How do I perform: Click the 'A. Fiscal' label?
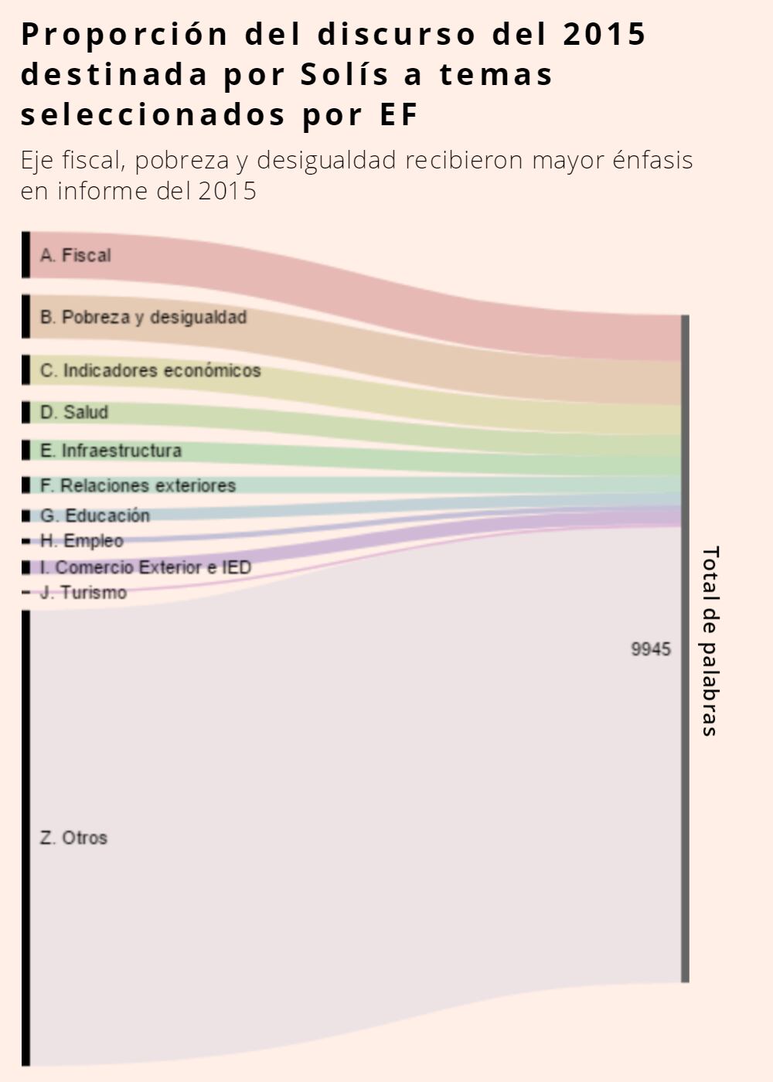pos(76,255)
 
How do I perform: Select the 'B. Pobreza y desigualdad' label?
pos(143,317)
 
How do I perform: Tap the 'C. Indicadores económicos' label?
pos(150,371)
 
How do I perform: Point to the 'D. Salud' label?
pos(74,412)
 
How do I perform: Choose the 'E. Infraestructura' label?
pos(111,451)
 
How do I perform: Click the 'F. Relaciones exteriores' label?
pos(138,485)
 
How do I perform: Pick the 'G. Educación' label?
pos(95,515)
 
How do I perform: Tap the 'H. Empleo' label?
pos(82,540)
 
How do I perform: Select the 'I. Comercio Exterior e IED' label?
pos(145,567)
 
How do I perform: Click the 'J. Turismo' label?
pos(83,593)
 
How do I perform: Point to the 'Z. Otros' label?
pos(73,838)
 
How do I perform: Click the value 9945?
pos(651,649)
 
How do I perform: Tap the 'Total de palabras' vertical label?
pos(710,641)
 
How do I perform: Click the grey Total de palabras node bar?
pos(685,649)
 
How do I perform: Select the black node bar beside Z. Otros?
pos(26,838)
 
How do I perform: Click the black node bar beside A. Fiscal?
pos(26,254)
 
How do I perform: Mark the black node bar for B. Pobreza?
pos(26,316)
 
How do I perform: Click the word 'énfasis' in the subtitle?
pos(652,160)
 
